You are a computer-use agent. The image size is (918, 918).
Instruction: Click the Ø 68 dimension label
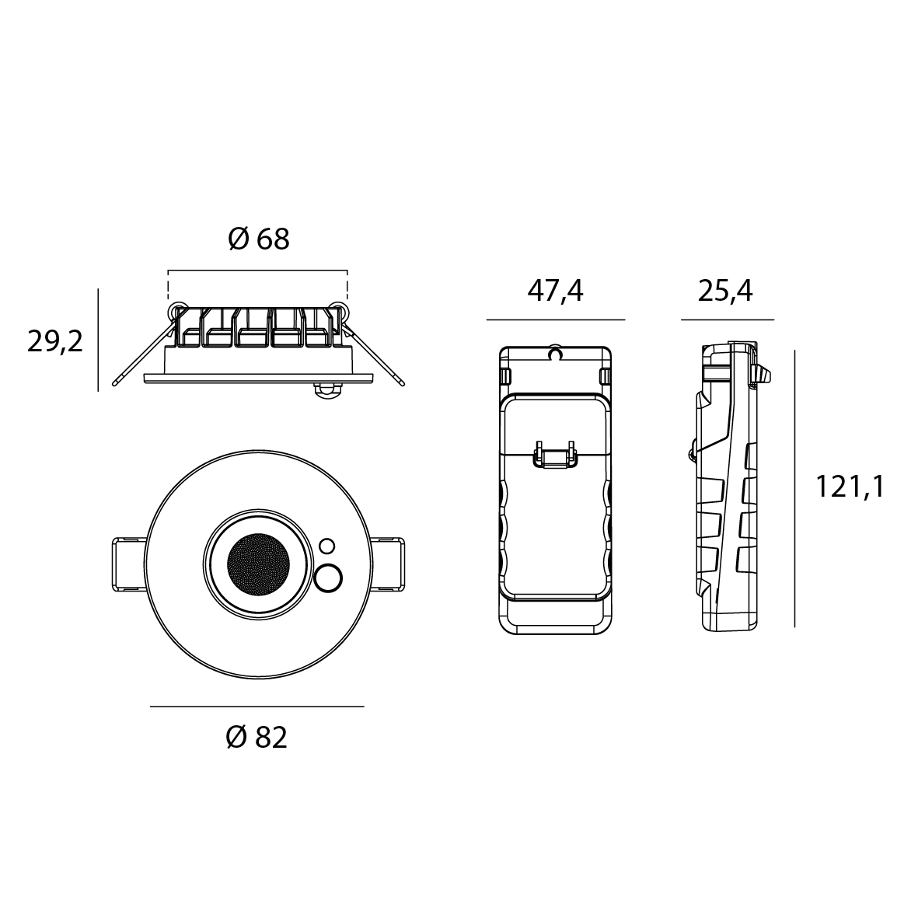[258, 239]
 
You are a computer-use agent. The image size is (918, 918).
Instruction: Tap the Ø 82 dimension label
[257, 738]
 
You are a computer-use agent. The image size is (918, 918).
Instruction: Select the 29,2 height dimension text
[55, 342]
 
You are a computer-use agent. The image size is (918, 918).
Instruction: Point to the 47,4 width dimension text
[556, 291]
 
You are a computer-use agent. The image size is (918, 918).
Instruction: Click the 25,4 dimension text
[724, 291]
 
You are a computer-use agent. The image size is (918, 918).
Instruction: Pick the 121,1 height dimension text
[850, 487]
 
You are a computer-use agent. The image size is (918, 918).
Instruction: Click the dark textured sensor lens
[258, 564]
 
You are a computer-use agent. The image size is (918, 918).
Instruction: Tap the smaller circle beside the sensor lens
[327, 546]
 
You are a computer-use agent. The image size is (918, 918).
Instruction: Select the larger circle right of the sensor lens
[329, 578]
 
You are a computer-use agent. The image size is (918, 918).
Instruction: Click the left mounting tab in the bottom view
[129, 564]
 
